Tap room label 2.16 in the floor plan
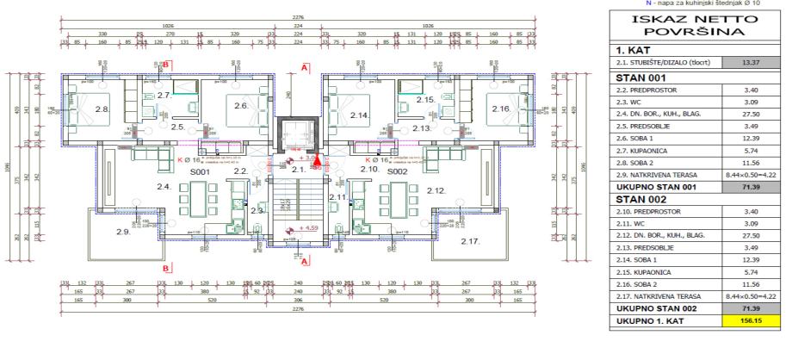click(x=501, y=109)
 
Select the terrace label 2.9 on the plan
click(x=124, y=232)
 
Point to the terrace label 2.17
click(x=471, y=241)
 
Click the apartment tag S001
click(x=201, y=172)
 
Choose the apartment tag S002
click(x=397, y=172)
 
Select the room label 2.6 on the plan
click(x=241, y=106)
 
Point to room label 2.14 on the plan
click(x=359, y=115)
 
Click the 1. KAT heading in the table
click(x=634, y=50)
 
